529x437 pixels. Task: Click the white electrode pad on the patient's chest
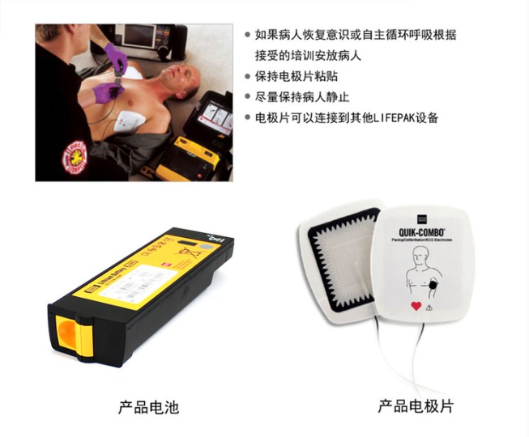point(130,122)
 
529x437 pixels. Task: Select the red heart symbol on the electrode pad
point(416,306)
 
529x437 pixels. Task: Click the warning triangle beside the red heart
point(431,307)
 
